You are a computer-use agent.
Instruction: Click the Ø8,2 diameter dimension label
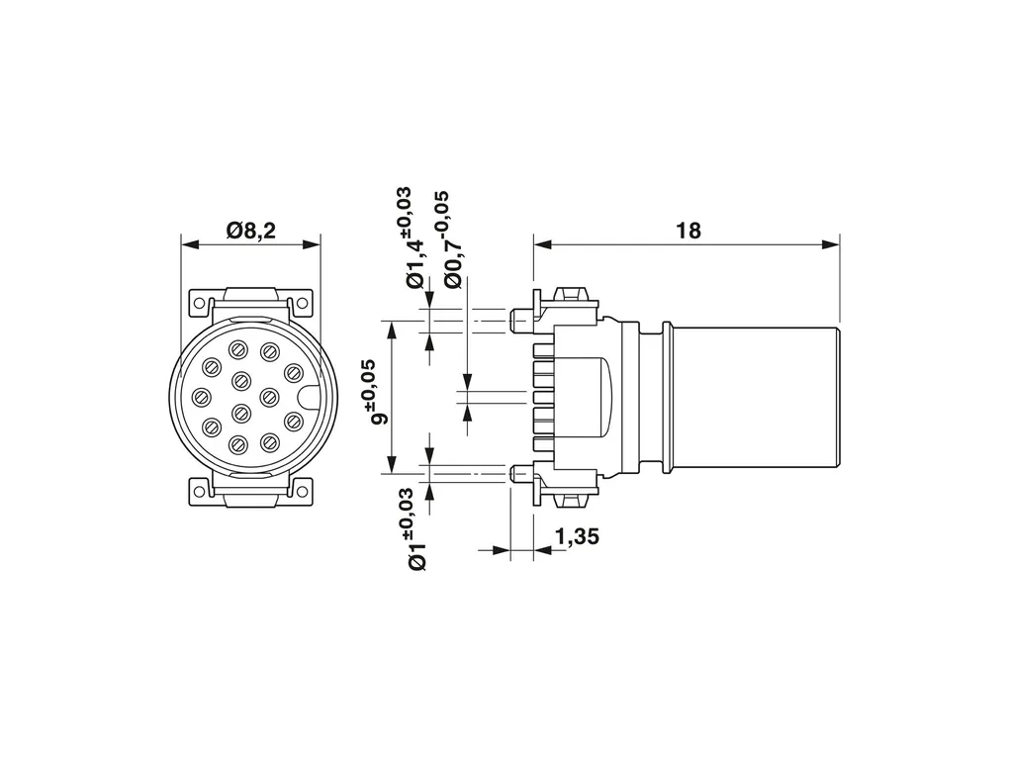(x=251, y=230)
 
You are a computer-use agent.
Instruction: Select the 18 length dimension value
(x=688, y=230)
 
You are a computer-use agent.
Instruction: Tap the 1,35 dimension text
(x=577, y=536)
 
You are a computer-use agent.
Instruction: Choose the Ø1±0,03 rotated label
(x=413, y=528)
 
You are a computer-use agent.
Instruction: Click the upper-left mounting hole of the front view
(x=200, y=303)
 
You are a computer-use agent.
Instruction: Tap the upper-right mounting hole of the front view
(x=302, y=303)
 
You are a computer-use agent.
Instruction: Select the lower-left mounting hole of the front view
(x=200, y=491)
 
